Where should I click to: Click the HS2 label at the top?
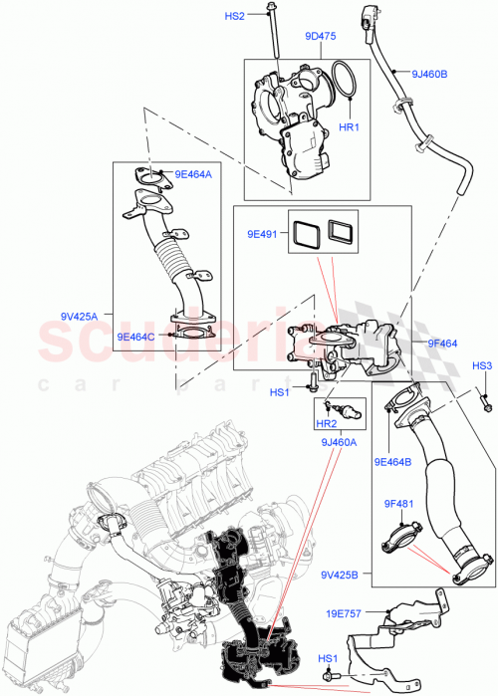coord(233,16)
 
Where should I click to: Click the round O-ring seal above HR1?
coord(343,84)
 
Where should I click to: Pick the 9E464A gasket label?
coord(194,174)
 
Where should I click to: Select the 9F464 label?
coord(441,344)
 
